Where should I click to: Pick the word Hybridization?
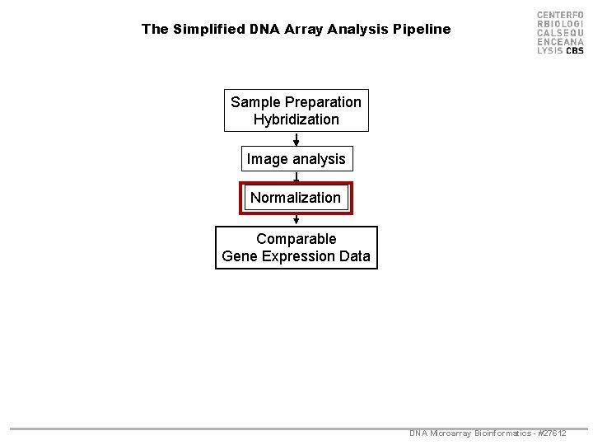(296, 119)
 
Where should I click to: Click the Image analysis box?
(296, 158)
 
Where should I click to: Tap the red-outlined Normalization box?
(296, 198)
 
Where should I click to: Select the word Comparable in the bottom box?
(296, 239)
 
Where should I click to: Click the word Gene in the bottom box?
(238, 256)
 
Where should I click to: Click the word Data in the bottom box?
(354, 256)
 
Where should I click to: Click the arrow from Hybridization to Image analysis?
(296, 139)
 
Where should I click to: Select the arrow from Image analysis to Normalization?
(296, 176)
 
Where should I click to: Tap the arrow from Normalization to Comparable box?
(296, 219)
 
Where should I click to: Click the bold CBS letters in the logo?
(574, 50)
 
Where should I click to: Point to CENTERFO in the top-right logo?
(560, 16)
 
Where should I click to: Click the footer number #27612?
(550, 433)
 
